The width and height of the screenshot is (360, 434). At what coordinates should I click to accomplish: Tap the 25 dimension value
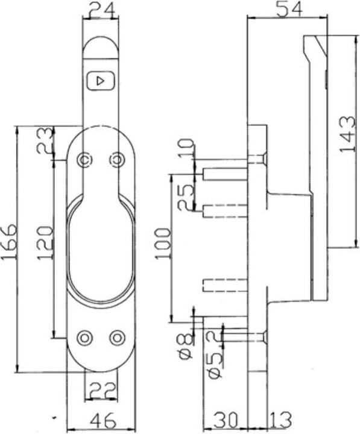186,197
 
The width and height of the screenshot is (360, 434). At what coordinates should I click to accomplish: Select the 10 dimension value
187,147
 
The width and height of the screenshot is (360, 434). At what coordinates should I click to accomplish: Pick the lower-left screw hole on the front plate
85,338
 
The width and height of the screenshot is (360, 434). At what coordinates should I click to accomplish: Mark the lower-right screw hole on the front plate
117,338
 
